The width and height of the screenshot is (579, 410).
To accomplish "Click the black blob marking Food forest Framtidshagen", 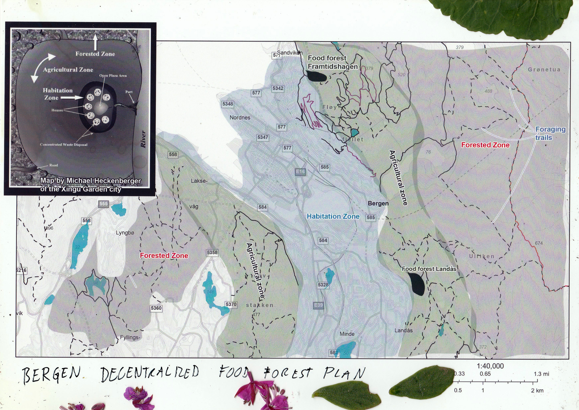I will coord(316,77).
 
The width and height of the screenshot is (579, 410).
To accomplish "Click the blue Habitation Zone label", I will coord(333,216).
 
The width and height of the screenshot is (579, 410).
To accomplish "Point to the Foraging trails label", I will coord(550,133).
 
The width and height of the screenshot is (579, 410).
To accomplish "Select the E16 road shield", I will coord(300,172).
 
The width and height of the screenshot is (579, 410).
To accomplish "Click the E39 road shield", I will coord(318,305).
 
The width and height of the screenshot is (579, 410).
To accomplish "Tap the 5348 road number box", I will coord(228,104).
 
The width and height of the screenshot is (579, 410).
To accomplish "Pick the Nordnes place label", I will coord(240,118).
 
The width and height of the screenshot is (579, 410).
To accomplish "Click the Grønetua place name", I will coord(544,69).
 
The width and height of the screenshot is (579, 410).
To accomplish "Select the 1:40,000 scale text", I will coord(490,366).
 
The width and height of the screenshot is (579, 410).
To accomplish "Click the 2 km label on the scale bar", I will coord(537,390).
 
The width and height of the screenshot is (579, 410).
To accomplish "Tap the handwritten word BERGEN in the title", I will coord(51,375).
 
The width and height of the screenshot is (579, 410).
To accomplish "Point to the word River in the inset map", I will coord(143,139).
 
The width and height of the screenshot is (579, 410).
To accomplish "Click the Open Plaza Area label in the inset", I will coord(113,76).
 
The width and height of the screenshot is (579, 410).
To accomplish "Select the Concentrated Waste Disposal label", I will coord(64,144).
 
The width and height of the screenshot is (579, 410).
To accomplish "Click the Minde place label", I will coord(347,334).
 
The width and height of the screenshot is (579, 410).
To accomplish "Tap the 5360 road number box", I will coord(156,308).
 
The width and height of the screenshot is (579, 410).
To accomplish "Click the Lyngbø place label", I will coord(125,233).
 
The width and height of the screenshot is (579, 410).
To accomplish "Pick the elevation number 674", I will coord(539,243).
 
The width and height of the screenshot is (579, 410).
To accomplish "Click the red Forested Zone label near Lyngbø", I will coord(164,255).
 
